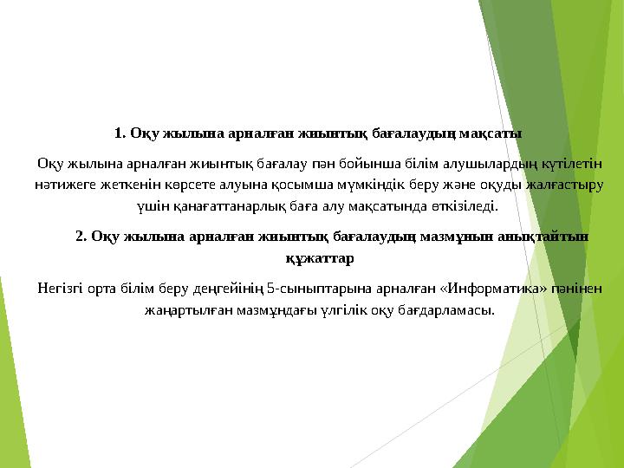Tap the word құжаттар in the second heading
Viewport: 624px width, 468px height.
[x=318, y=257]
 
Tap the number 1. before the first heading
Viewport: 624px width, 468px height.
[x=120, y=133]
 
